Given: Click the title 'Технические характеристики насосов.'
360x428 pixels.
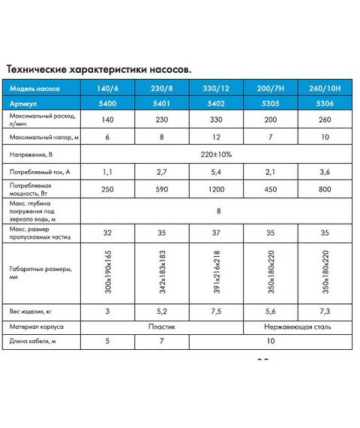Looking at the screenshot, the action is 99,68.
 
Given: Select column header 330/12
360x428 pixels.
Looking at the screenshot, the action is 216,89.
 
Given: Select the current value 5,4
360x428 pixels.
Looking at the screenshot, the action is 216,172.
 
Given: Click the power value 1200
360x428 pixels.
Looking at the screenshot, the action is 216,189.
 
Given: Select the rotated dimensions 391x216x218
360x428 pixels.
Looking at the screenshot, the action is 216,272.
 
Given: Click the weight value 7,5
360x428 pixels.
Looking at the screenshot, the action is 216,310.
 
